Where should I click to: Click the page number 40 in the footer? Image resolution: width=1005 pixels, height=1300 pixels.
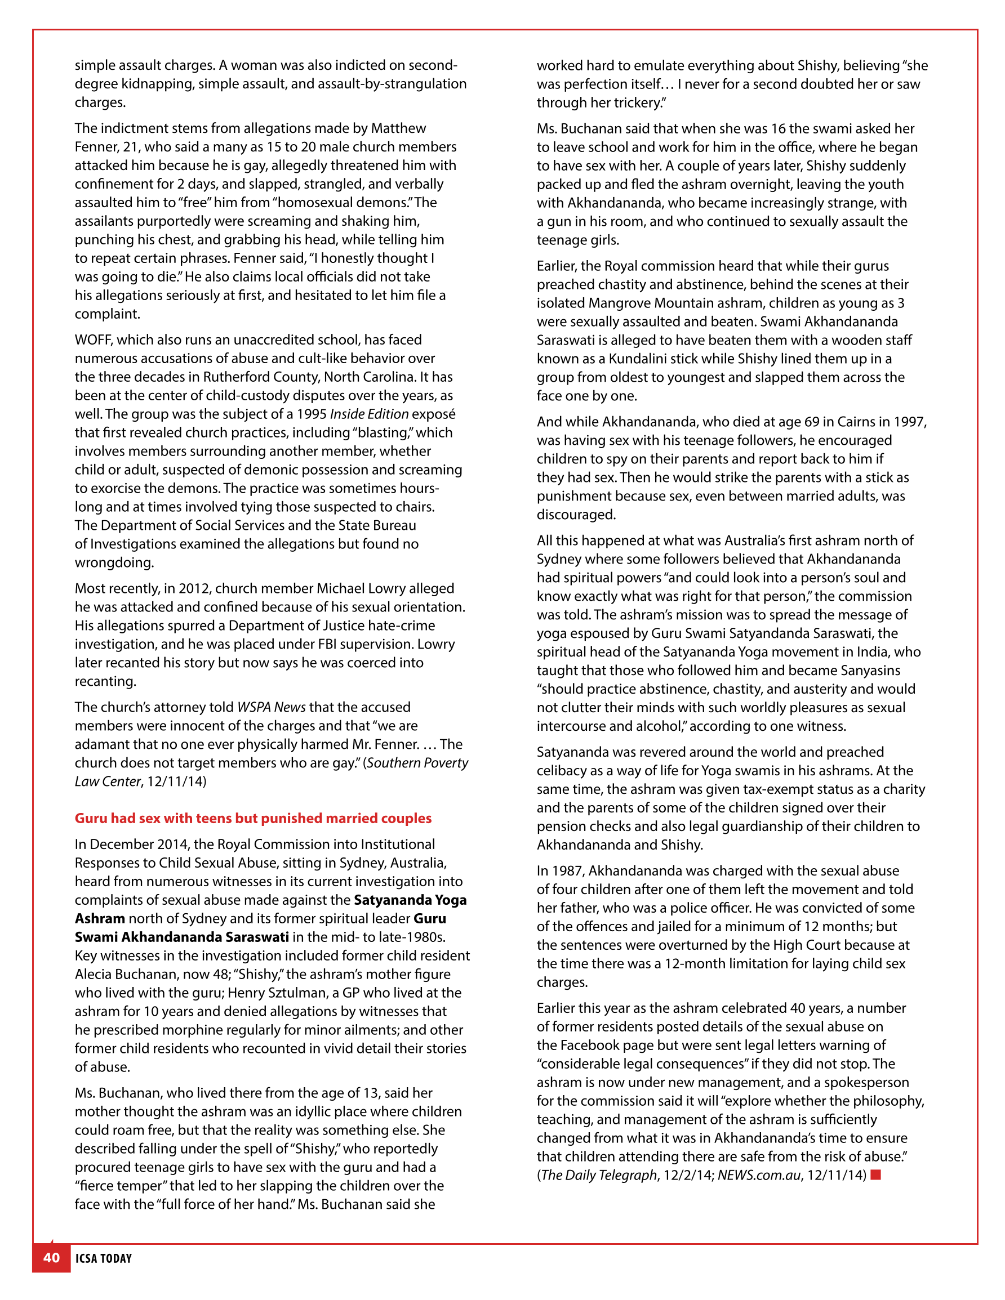coord(51,1258)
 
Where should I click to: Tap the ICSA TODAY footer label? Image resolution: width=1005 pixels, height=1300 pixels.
coord(104,1258)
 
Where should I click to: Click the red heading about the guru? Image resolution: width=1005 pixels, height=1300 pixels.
coord(252,818)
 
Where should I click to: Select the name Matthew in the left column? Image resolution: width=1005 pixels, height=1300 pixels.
coord(398,128)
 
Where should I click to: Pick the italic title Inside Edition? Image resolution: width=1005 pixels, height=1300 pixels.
coord(369,414)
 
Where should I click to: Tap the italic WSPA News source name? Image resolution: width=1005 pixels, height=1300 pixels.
coord(271,707)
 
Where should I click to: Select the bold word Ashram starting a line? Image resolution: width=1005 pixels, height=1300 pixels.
coord(100,918)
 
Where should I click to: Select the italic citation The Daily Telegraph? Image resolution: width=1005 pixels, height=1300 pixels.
coord(599,1174)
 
